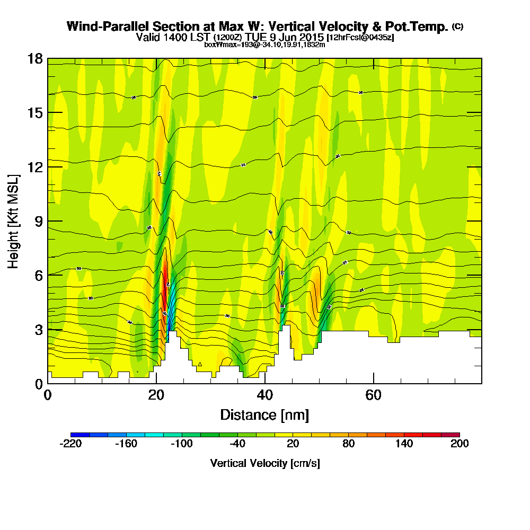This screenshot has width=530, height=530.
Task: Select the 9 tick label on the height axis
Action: (38, 221)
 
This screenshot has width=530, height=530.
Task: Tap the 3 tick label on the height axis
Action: (38, 329)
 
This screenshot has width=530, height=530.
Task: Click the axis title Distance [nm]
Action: (264, 414)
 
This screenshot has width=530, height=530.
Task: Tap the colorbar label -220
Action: (70, 444)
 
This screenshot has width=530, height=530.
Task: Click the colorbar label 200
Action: (460, 444)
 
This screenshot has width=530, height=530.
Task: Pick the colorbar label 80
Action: (348, 444)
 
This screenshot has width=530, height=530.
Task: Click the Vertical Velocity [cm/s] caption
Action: (265, 463)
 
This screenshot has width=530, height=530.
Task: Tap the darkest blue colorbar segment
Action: (79, 435)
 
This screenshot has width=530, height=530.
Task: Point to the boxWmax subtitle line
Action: (264, 45)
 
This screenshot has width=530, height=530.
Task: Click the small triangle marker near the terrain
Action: (200, 364)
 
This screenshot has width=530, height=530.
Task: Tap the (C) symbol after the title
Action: (458, 26)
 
